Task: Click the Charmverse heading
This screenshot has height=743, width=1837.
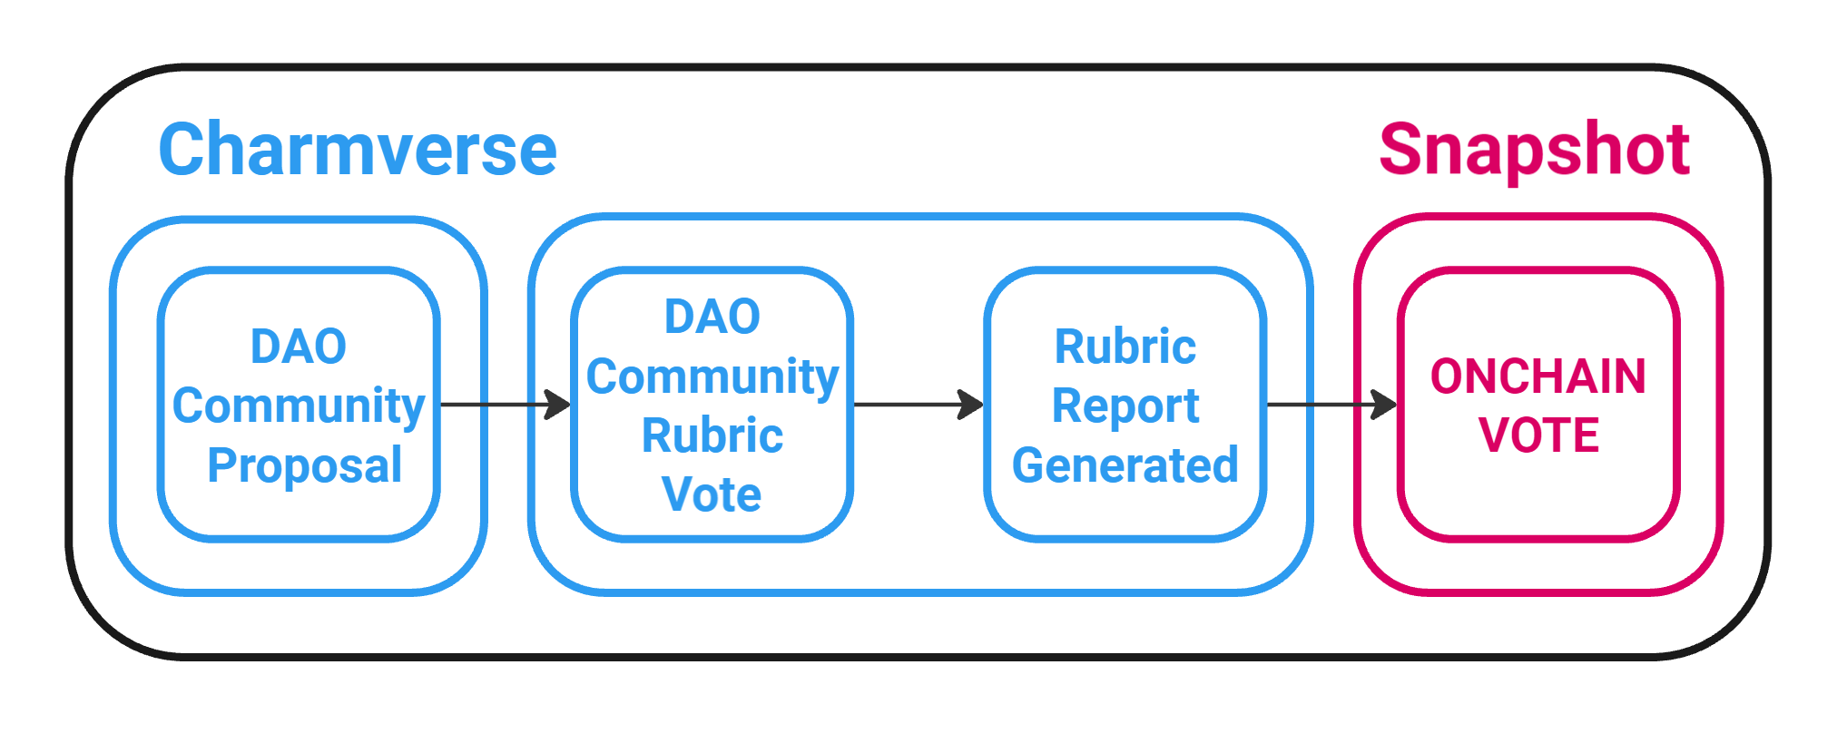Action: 358,151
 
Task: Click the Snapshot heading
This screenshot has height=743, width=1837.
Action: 1534,151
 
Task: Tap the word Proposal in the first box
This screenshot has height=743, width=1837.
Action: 304,465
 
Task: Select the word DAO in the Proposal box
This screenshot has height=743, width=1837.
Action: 299,347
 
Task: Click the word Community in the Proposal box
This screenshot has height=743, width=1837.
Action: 299,406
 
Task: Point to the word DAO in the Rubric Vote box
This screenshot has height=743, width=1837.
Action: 712,317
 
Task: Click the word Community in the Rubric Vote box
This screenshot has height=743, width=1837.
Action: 712,376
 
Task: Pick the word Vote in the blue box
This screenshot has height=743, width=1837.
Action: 712,494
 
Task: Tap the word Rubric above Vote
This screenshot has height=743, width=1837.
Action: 712,435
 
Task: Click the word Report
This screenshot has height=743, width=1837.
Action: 1125,406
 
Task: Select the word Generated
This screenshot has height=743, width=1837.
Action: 1125,465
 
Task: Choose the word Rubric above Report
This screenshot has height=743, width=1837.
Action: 1125,347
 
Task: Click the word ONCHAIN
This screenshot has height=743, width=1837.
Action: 1538,376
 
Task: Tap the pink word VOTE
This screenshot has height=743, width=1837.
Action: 1538,435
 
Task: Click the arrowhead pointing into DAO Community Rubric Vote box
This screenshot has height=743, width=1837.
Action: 557,405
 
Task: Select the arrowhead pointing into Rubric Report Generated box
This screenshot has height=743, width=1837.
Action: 971,405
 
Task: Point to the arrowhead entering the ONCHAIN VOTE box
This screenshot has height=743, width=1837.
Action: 1384,405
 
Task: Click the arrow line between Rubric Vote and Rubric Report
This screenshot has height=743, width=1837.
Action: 908,405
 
